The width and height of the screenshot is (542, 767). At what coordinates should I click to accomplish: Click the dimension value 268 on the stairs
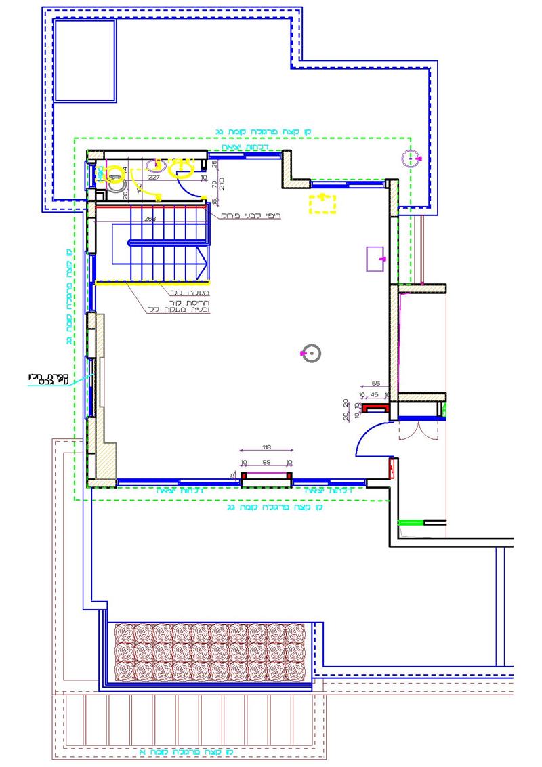click(x=150, y=219)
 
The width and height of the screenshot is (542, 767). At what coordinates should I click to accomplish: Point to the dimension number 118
click(x=266, y=447)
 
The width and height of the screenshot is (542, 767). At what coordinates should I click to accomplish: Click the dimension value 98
click(x=266, y=462)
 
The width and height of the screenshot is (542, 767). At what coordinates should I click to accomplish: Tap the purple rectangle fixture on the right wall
click(x=376, y=259)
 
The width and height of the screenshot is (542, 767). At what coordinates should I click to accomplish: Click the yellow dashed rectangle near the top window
click(x=322, y=203)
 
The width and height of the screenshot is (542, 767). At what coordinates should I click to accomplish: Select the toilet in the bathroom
click(x=116, y=178)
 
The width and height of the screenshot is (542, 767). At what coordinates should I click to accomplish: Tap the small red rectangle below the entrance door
click(x=392, y=468)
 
